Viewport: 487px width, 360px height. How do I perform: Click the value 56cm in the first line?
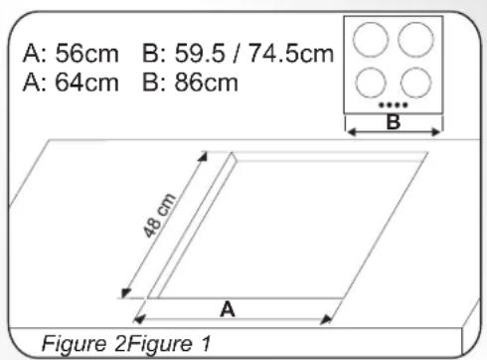coord(86,54)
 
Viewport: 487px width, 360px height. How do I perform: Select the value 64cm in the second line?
coord(86,83)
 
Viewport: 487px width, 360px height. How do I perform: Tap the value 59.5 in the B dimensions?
coord(200,54)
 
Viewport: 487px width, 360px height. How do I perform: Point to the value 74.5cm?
coord(291,54)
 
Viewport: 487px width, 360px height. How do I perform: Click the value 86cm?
coord(207,83)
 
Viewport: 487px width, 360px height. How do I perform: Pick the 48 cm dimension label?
coord(159,216)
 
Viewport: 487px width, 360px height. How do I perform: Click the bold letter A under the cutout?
coord(228,309)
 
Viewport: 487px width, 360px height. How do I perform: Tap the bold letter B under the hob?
coord(394,122)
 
